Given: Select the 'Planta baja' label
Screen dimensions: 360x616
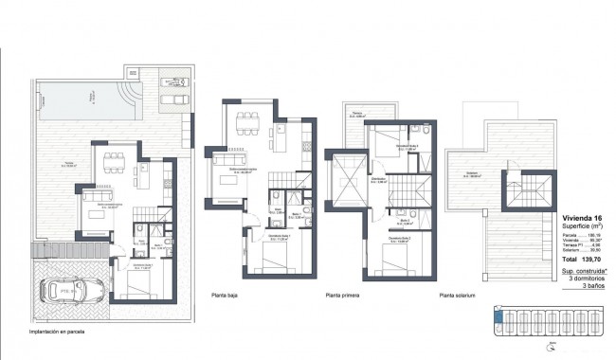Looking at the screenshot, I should [x=229, y=294].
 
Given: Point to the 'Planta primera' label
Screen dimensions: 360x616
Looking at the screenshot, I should [x=345, y=294].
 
